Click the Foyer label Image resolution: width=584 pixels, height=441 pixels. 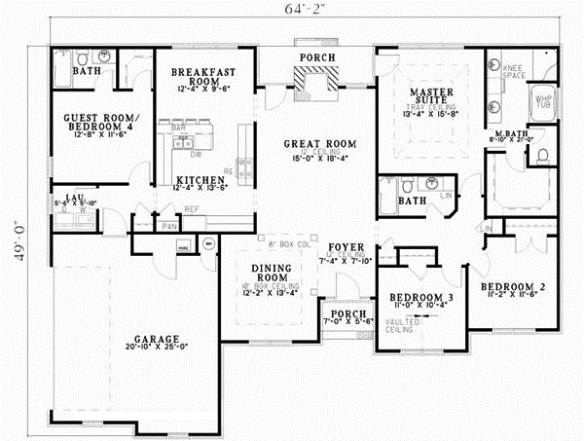[x=346, y=246]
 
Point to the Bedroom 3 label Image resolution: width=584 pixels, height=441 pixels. [x=416, y=296]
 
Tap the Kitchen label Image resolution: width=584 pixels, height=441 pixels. [x=203, y=180]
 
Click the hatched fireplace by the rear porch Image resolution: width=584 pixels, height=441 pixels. [x=319, y=84]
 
